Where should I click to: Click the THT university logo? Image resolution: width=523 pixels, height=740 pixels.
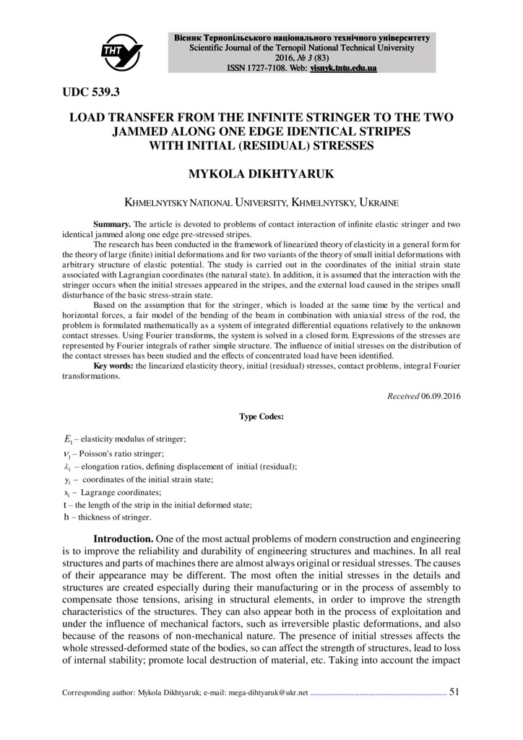(x=121, y=50)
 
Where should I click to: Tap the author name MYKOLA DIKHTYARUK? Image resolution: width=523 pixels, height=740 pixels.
(x=261, y=175)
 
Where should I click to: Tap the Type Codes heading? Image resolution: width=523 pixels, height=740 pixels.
(x=261, y=416)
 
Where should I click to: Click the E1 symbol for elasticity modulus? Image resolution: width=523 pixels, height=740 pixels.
(x=68, y=439)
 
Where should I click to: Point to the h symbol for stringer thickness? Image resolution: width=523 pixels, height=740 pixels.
(x=66, y=517)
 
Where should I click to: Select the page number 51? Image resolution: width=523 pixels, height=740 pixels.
(x=454, y=692)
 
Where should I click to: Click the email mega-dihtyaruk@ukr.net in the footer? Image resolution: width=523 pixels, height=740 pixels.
(x=268, y=692)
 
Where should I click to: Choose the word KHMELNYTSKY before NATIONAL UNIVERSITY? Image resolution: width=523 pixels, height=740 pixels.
(x=157, y=204)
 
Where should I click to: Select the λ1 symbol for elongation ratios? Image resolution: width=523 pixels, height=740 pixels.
(x=67, y=467)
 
